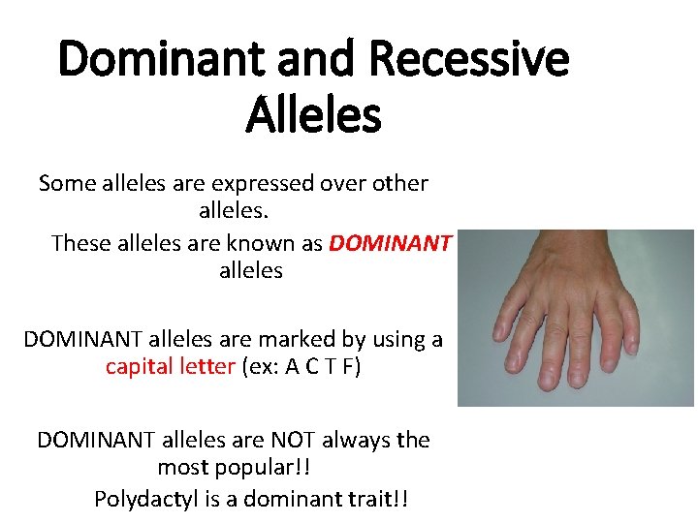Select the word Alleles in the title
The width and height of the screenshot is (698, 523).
(x=313, y=116)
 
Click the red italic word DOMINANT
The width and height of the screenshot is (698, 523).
(x=390, y=243)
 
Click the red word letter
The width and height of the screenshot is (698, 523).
(x=204, y=368)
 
